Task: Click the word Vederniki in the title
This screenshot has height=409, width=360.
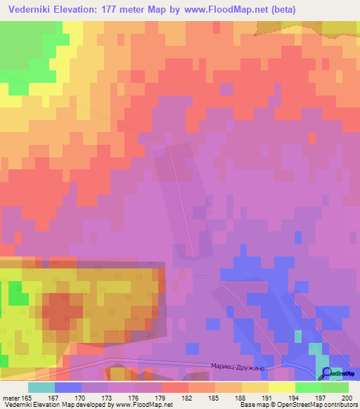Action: click(32, 10)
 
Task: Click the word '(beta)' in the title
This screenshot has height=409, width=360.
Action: click(280, 10)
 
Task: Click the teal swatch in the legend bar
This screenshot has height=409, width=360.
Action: click(41, 388)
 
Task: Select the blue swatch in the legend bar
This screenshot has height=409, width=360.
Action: click(68, 388)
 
